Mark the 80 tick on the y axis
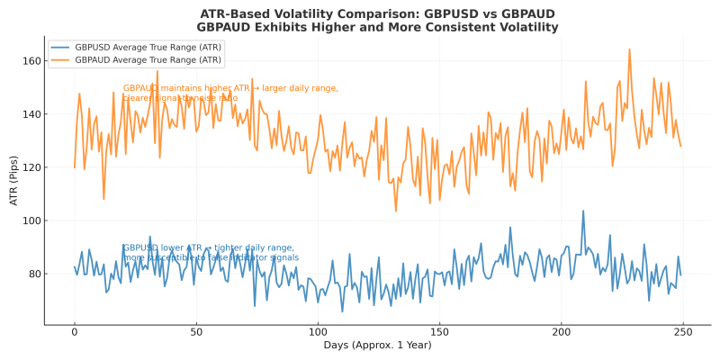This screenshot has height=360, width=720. tap(33, 274)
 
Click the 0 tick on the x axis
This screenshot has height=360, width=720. tap(75, 333)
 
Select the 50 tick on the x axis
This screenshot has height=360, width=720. tap(196, 333)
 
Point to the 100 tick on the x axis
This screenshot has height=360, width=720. tap(318, 333)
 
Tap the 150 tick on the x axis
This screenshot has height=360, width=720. tap(439, 333)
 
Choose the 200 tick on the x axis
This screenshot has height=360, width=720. tap(561, 333)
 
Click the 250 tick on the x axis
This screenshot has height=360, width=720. tap(682, 333)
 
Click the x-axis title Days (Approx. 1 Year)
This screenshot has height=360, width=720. tap(377, 346)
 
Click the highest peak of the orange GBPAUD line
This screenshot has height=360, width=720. tap(629, 49)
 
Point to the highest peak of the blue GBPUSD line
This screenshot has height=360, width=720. tap(583, 211)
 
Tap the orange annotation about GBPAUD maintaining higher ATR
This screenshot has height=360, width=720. tap(230, 93)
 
